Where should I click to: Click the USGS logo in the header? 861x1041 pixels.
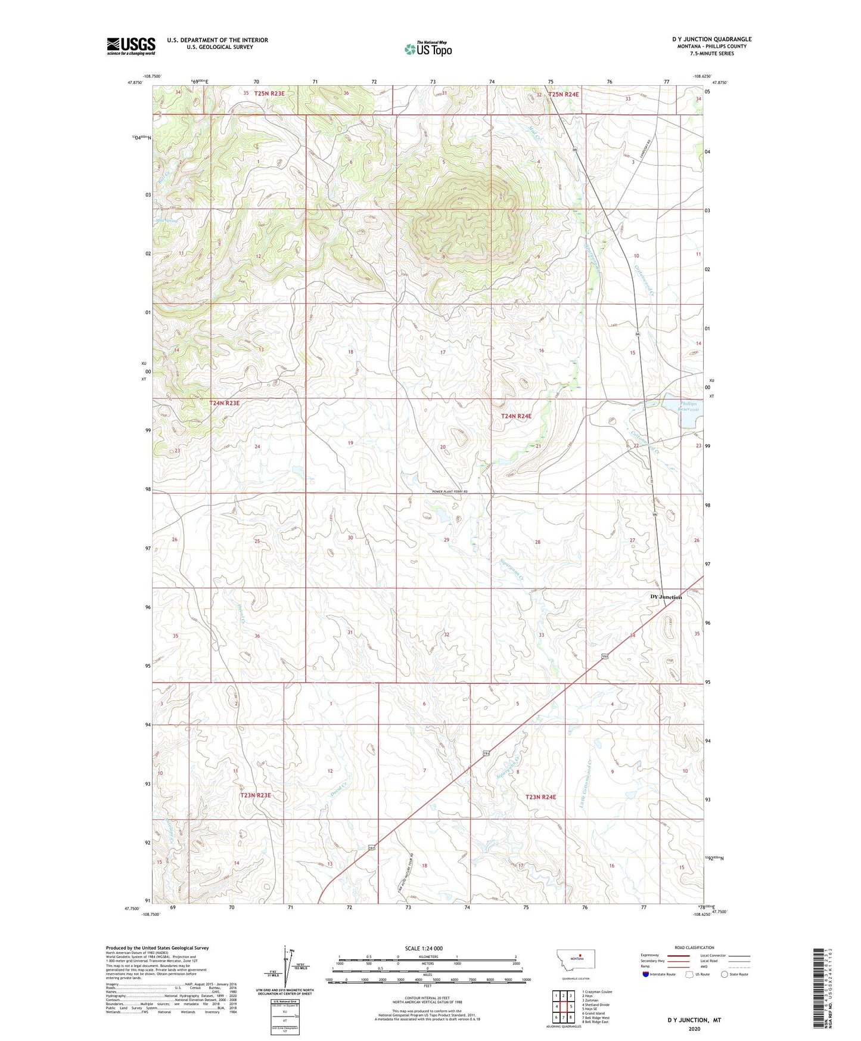pos(131,46)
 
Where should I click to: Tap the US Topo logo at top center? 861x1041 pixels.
pos(428,48)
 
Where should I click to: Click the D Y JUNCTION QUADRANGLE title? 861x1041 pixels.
pos(711,39)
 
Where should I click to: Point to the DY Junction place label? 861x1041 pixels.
pos(666,597)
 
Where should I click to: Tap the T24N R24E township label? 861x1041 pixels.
pos(516,416)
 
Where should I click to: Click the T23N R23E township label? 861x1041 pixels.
pos(256,795)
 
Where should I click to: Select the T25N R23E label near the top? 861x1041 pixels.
pos(275,94)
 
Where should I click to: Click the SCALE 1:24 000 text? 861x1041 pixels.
pos(424,948)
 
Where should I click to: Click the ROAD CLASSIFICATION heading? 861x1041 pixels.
pos(694,947)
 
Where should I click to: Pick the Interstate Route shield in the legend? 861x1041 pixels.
pos(646,974)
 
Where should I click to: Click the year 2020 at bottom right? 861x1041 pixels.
pos(694,1028)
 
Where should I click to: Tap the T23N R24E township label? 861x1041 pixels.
pos(540,797)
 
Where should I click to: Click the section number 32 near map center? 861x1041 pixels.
pos(446,634)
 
